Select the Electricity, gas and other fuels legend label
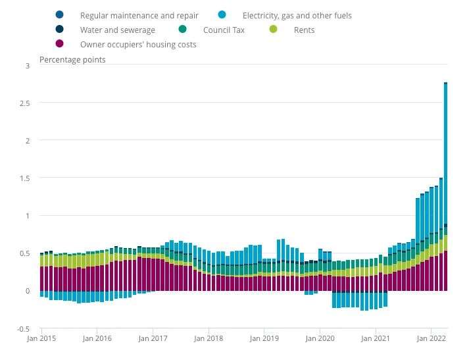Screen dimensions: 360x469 click(297, 14)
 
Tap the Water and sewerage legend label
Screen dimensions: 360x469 click(118, 30)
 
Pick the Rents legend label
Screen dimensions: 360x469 click(305, 30)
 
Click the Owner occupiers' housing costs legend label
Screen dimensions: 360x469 click(138, 45)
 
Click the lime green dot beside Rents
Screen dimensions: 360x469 click(276, 30)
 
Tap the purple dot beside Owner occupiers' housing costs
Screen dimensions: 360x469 click(60, 44)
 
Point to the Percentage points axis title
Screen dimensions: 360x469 click(72, 60)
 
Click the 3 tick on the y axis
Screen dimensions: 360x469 click(28, 66)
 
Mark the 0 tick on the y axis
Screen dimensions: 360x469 click(28, 291)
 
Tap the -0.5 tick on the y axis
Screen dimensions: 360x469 click(24, 329)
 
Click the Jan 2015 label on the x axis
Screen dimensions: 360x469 click(41, 338)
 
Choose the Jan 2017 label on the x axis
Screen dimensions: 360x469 click(153, 338)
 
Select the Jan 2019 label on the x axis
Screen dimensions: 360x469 click(264, 338)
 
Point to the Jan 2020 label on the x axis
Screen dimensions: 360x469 click(320, 338)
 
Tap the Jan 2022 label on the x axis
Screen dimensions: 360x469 click(431, 338)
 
